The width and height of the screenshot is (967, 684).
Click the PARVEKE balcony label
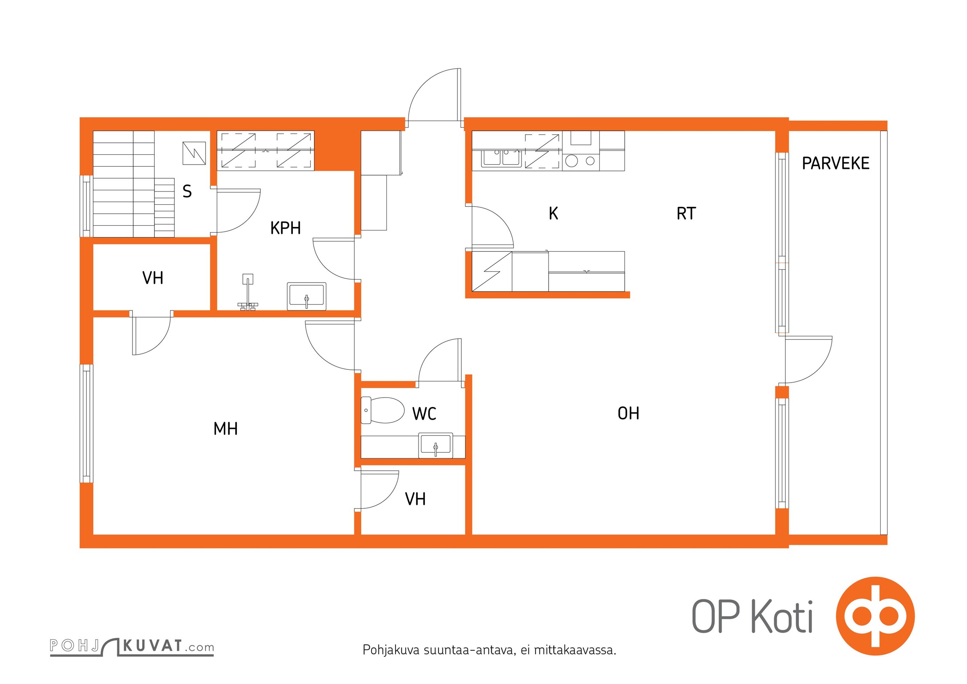(835, 163)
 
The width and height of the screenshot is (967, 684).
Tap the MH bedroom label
(225, 429)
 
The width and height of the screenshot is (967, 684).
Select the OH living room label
(628, 413)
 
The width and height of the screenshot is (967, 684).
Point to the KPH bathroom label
(286, 228)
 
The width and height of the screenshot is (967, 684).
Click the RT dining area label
(686, 213)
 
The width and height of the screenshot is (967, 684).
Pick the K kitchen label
(553, 213)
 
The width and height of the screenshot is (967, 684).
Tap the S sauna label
(187, 191)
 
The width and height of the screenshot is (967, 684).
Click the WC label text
(424, 414)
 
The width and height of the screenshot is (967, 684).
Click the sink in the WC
(436, 445)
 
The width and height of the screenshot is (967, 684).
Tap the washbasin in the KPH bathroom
(307, 296)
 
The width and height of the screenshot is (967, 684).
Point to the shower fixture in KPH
(248, 292)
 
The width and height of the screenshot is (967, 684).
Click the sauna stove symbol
(194, 153)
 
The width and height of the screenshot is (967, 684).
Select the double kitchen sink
(501, 158)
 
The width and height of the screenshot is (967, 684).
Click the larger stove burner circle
(572, 161)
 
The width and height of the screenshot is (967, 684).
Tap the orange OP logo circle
(875, 616)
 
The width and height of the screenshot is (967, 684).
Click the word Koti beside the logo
(782, 616)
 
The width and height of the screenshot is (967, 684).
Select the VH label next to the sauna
(153, 278)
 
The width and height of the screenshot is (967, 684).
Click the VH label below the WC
(415, 499)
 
